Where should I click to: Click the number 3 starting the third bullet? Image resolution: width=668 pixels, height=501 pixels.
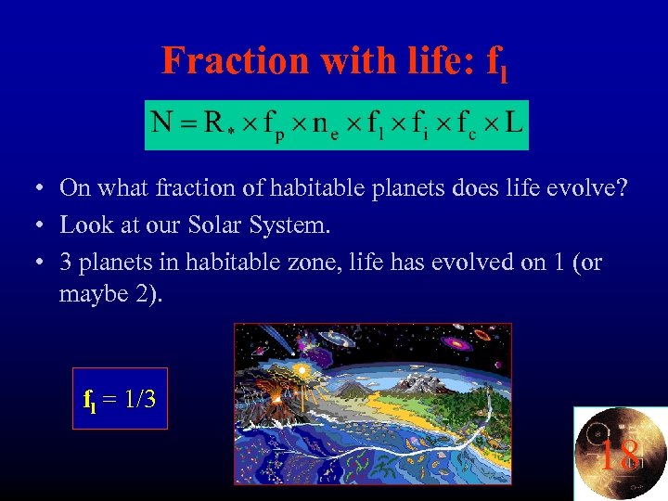tap(66, 263)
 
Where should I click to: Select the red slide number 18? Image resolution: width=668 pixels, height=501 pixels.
tap(617, 456)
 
